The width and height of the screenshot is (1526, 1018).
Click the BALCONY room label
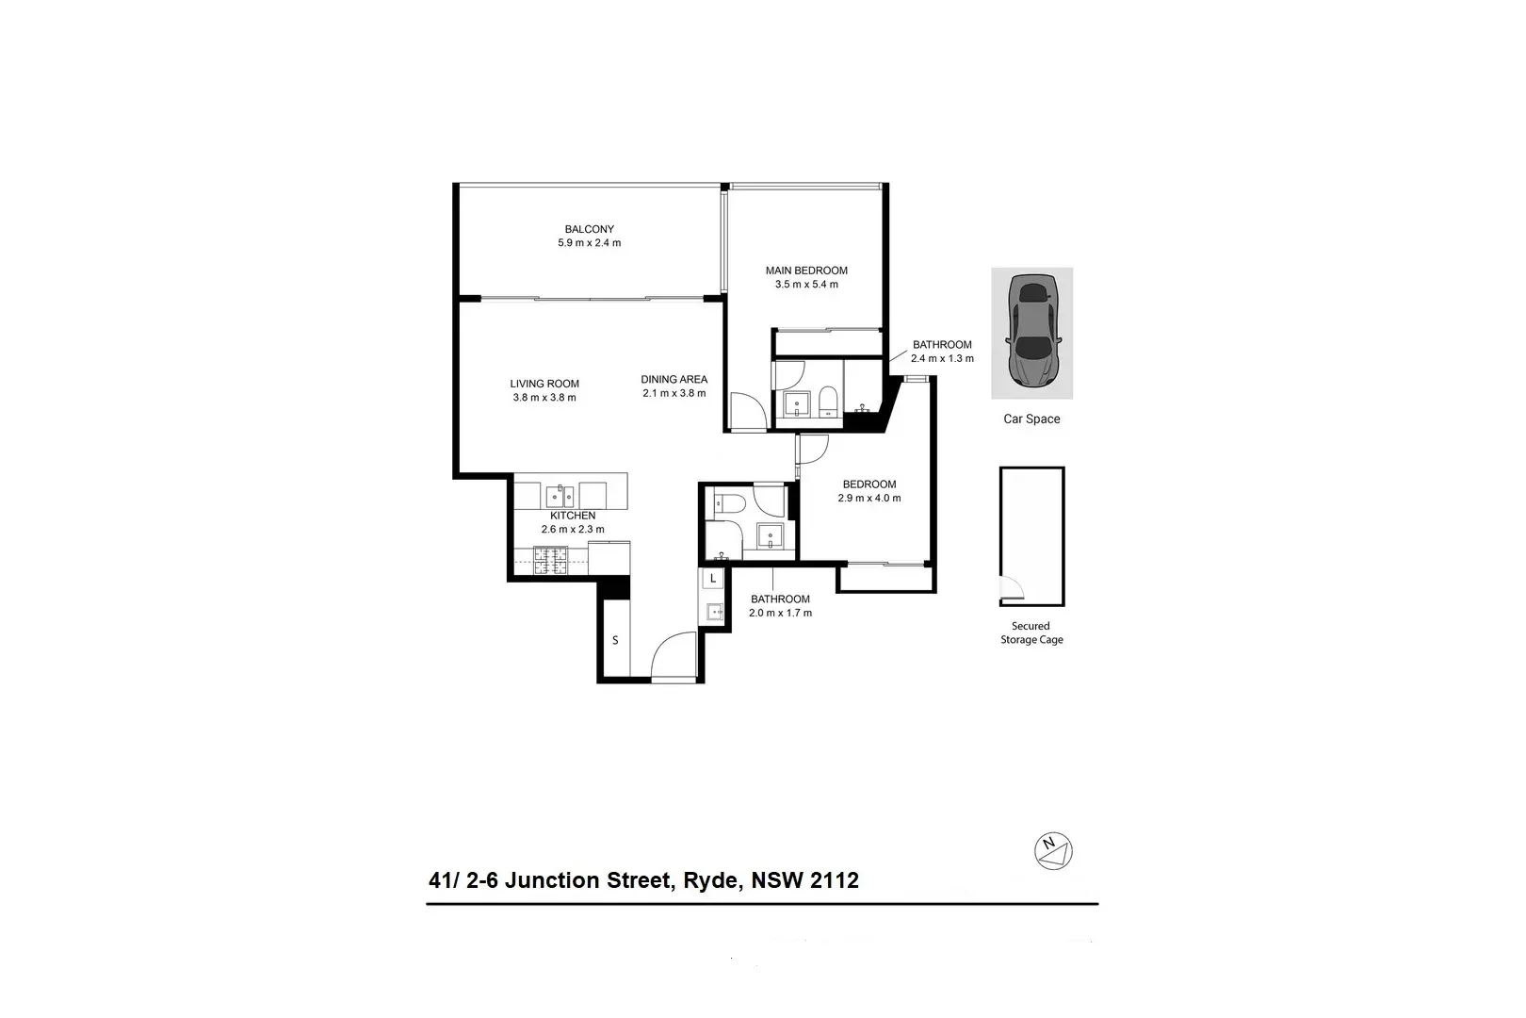pos(589,229)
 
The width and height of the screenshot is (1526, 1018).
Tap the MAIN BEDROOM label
pos(806,271)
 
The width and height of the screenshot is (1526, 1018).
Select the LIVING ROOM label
pos(544,384)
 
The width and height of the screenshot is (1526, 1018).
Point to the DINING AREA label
pos(674,380)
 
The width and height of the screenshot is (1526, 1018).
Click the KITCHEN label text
pos(573,516)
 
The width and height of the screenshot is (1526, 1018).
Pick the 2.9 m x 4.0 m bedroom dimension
pos(869,498)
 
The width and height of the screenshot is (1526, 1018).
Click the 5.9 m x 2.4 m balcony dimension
pos(589,243)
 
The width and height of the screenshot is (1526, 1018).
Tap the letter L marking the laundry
pos(714,578)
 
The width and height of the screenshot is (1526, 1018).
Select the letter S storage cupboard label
pos(615,641)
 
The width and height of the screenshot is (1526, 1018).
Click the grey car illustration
pos(1031,330)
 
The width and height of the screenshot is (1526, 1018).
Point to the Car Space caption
pos(1031,419)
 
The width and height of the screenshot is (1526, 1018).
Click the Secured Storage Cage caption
pos(1031,632)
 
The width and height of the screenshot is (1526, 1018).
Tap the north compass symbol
pos(1053,850)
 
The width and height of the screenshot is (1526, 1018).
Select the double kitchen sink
pos(560,495)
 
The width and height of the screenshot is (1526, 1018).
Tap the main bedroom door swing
pos(748,412)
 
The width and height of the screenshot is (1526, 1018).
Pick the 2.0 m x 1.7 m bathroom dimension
pos(780,613)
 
